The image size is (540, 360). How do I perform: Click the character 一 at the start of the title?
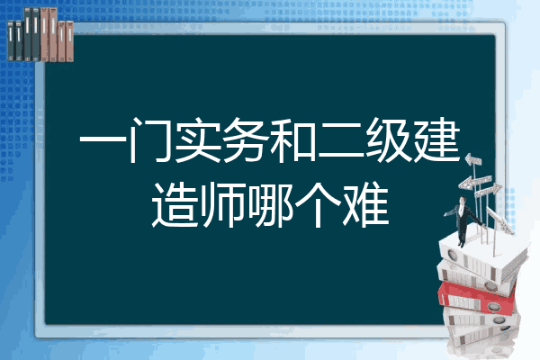coord(103,140)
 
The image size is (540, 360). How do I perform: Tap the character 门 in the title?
coord(150,139)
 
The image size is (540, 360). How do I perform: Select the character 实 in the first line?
coord(198,139)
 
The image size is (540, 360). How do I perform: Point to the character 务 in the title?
coord(246,139)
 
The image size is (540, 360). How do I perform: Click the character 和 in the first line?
coord(293,139)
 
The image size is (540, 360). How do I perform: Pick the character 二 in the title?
coord(341,140)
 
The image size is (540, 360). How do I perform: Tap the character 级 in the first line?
coord(389,139)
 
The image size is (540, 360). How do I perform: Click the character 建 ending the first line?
coord(437,139)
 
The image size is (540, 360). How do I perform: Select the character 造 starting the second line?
coord(175,204)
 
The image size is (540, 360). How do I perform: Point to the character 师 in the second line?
coord(222,204)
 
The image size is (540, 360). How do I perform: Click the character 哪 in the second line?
coord(270,204)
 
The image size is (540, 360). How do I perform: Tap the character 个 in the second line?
coord(318,204)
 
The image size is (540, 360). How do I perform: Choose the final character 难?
coord(365,204)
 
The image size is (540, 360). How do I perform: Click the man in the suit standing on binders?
coord(463,220)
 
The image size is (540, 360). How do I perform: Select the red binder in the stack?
coord(477,297)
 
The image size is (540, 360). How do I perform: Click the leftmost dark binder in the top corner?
coord(11,41)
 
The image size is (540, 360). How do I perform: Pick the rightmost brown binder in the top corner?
coord(69,41)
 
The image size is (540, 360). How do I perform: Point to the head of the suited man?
coord(462,200)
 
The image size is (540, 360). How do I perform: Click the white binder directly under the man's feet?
coord(482,256)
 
